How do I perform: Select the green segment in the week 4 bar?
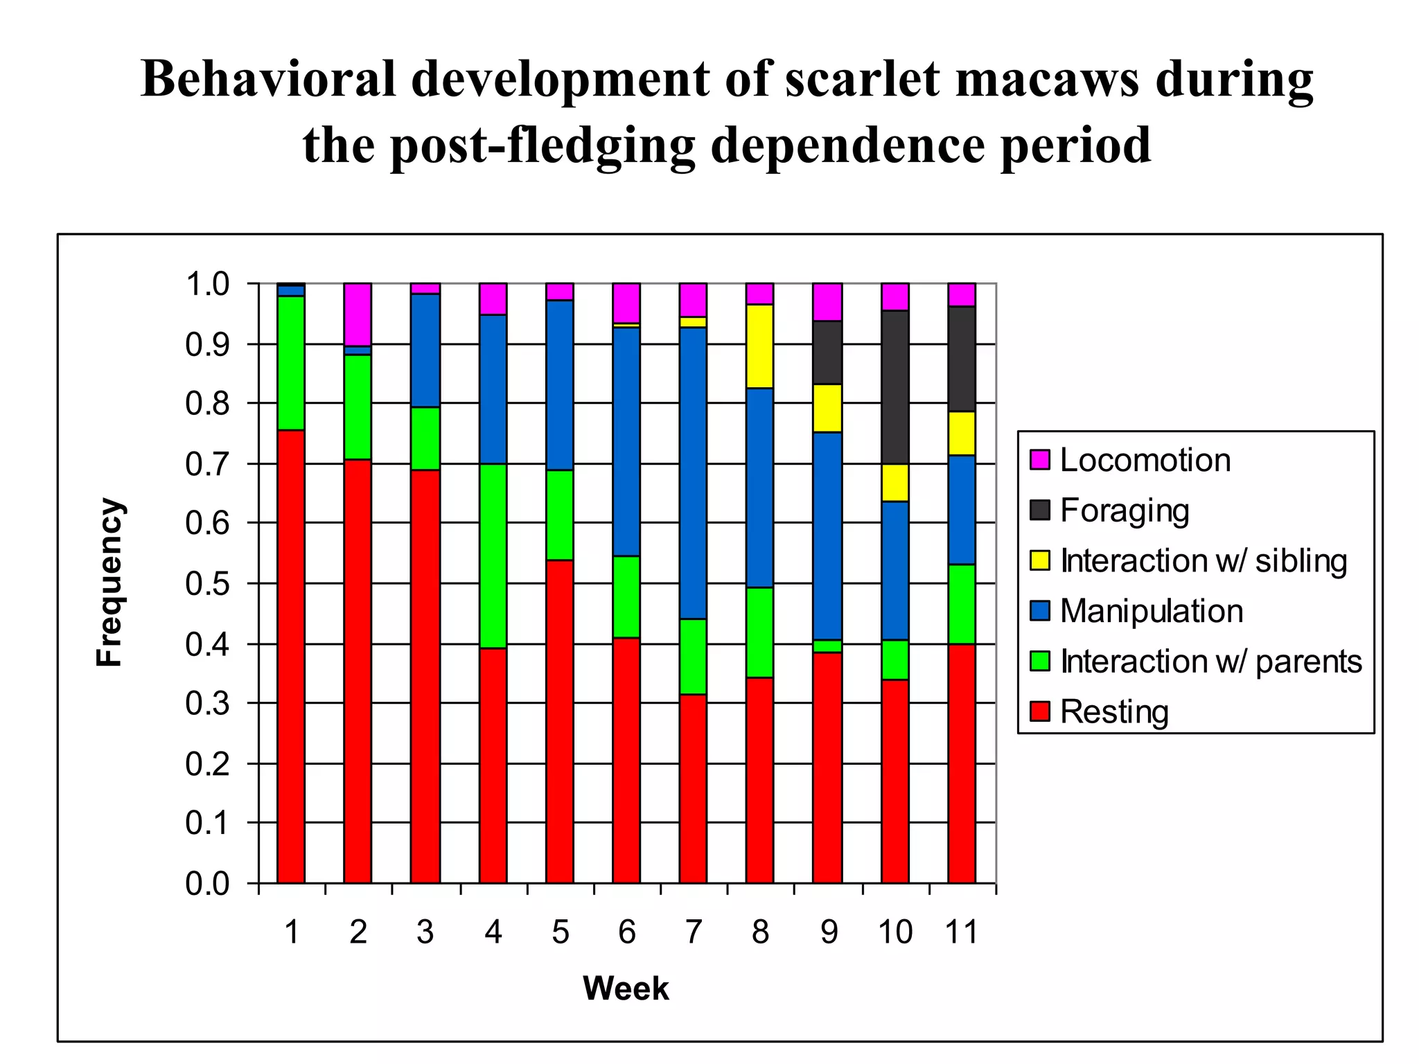tap(493, 556)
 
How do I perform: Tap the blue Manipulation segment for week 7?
tap(693, 472)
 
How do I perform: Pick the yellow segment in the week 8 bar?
tap(759, 346)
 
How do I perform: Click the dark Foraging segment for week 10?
tap(894, 387)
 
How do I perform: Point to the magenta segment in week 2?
tap(358, 314)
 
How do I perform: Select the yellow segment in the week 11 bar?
tap(962, 433)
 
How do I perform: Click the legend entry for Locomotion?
tap(1145, 460)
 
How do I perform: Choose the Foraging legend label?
tap(1124, 511)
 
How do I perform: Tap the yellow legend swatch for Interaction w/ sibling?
tap(1040, 560)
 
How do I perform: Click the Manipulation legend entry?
tap(1151, 611)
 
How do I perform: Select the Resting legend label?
tap(1114, 711)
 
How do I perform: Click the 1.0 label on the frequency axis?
tap(207, 284)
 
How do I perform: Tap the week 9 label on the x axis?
tap(829, 932)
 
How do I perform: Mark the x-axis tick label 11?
tap(961, 932)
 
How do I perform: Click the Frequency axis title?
tap(109, 582)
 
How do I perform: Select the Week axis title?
tap(626, 988)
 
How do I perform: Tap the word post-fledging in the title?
tap(499, 145)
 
